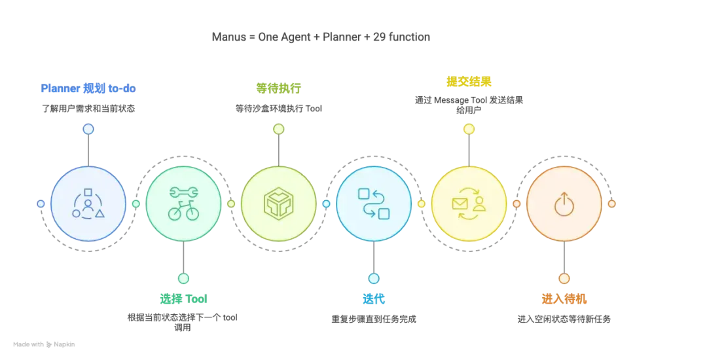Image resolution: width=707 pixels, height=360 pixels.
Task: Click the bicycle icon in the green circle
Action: (183, 211)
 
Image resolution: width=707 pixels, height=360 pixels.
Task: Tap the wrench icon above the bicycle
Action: (183, 193)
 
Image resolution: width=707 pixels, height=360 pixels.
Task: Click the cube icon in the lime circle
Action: (278, 204)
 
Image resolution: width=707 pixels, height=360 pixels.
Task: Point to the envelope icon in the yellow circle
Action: (460, 204)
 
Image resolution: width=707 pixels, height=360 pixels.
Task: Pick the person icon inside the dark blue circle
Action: (88, 204)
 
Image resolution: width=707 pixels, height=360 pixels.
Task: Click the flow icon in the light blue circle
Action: (374, 204)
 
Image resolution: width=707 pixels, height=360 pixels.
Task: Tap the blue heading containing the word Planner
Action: (88, 88)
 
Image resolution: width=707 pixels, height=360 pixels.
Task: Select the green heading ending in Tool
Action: (183, 298)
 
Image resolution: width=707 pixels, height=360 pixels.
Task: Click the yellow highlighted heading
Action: (469, 81)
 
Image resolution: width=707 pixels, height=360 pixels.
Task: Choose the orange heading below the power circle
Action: (564, 300)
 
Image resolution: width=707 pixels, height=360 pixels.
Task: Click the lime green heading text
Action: (278, 88)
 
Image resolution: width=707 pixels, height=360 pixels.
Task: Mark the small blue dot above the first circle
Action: (88, 129)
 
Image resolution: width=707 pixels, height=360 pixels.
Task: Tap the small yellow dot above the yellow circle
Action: (469, 129)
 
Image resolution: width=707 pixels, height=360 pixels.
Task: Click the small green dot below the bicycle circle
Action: (183, 278)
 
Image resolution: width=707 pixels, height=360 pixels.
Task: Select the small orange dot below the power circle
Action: (564, 278)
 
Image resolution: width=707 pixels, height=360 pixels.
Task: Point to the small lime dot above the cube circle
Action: (278, 129)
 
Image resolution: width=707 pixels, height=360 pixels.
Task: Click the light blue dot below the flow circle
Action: (374, 278)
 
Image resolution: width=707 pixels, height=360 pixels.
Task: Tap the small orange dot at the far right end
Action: (612, 204)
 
